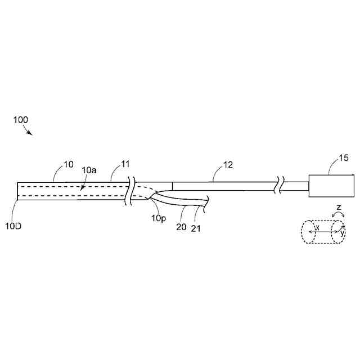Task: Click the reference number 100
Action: pyautogui.click(x=20, y=120)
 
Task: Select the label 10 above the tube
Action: pyautogui.click(x=68, y=164)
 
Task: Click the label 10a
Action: pyautogui.click(x=89, y=169)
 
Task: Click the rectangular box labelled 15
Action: pyautogui.click(x=327, y=186)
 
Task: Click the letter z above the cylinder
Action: pyautogui.click(x=339, y=208)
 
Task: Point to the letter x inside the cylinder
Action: pyautogui.click(x=318, y=227)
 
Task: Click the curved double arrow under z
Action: pyautogui.click(x=339, y=216)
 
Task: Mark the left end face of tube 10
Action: pyautogui.click(x=18, y=191)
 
